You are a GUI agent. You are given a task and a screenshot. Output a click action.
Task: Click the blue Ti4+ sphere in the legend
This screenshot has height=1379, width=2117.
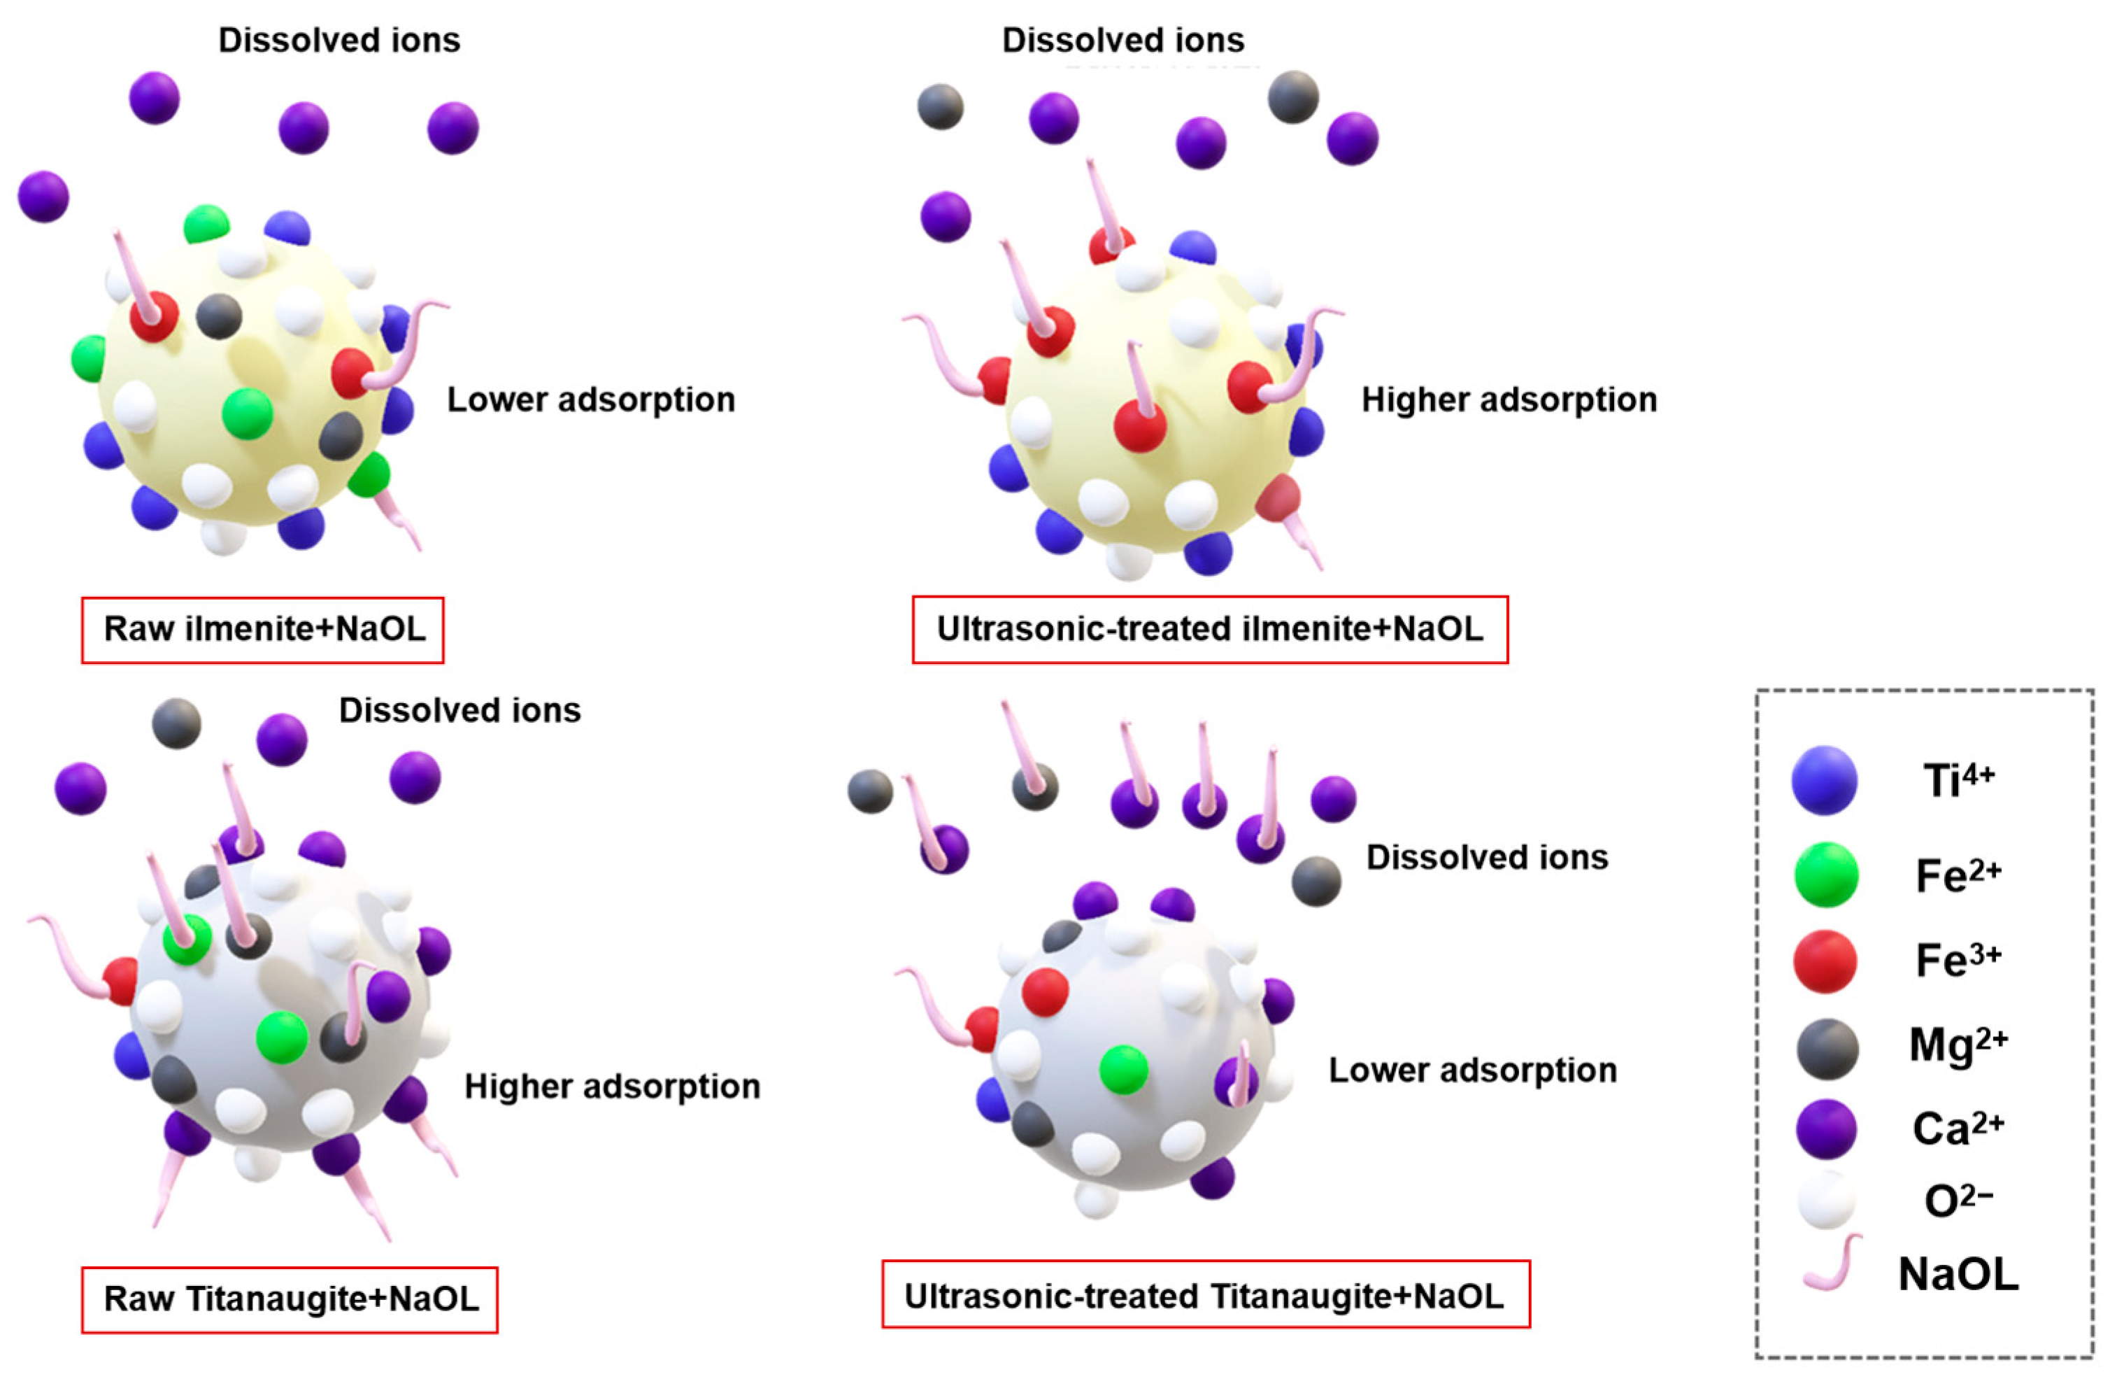[1825, 780]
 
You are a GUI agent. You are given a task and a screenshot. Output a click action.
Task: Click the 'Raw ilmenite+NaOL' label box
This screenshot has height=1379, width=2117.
[262, 630]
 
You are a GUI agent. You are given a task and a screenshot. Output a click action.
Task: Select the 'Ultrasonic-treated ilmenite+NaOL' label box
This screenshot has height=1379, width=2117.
[1210, 630]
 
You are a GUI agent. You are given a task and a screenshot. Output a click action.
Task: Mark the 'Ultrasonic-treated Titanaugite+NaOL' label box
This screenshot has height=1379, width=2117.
[1205, 1296]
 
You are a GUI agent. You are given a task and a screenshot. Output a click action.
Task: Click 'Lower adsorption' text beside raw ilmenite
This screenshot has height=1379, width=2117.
[591, 400]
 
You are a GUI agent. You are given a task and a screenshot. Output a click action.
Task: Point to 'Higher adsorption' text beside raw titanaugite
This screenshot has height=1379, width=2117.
[612, 1087]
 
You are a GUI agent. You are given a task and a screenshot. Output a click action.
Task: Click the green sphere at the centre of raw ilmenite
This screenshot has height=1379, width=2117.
[248, 413]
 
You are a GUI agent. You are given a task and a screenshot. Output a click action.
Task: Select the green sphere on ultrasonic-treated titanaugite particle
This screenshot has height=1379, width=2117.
[1123, 1069]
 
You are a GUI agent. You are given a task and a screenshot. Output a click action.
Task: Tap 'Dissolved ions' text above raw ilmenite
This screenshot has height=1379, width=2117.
[339, 41]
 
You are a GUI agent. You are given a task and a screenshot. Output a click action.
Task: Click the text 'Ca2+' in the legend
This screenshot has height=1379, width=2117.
[1958, 1128]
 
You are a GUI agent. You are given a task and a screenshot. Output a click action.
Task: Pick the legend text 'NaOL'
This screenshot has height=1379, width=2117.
[1958, 1275]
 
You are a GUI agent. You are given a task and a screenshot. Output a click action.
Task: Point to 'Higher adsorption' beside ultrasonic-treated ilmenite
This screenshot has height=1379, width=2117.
[1509, 400]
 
